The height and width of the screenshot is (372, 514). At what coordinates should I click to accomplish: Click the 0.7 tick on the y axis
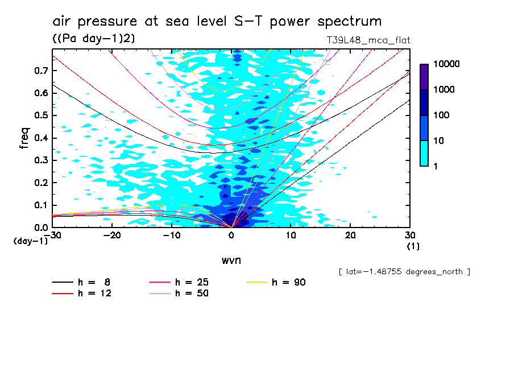tap(41, 71)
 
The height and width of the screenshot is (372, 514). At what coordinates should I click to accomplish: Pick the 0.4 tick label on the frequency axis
tap(41, 138)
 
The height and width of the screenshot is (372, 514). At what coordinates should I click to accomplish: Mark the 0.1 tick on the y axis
tap(41, 205)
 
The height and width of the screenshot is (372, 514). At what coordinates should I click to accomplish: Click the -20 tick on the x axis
tap(113, 235)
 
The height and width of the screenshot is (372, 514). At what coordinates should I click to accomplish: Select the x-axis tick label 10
tap(291, 235)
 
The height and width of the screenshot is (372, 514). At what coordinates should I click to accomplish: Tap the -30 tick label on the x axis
tap(52, 235)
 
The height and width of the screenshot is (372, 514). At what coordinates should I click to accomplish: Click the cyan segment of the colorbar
tap(424, 154)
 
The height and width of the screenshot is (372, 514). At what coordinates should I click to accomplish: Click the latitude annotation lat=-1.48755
tap(404, 272)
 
